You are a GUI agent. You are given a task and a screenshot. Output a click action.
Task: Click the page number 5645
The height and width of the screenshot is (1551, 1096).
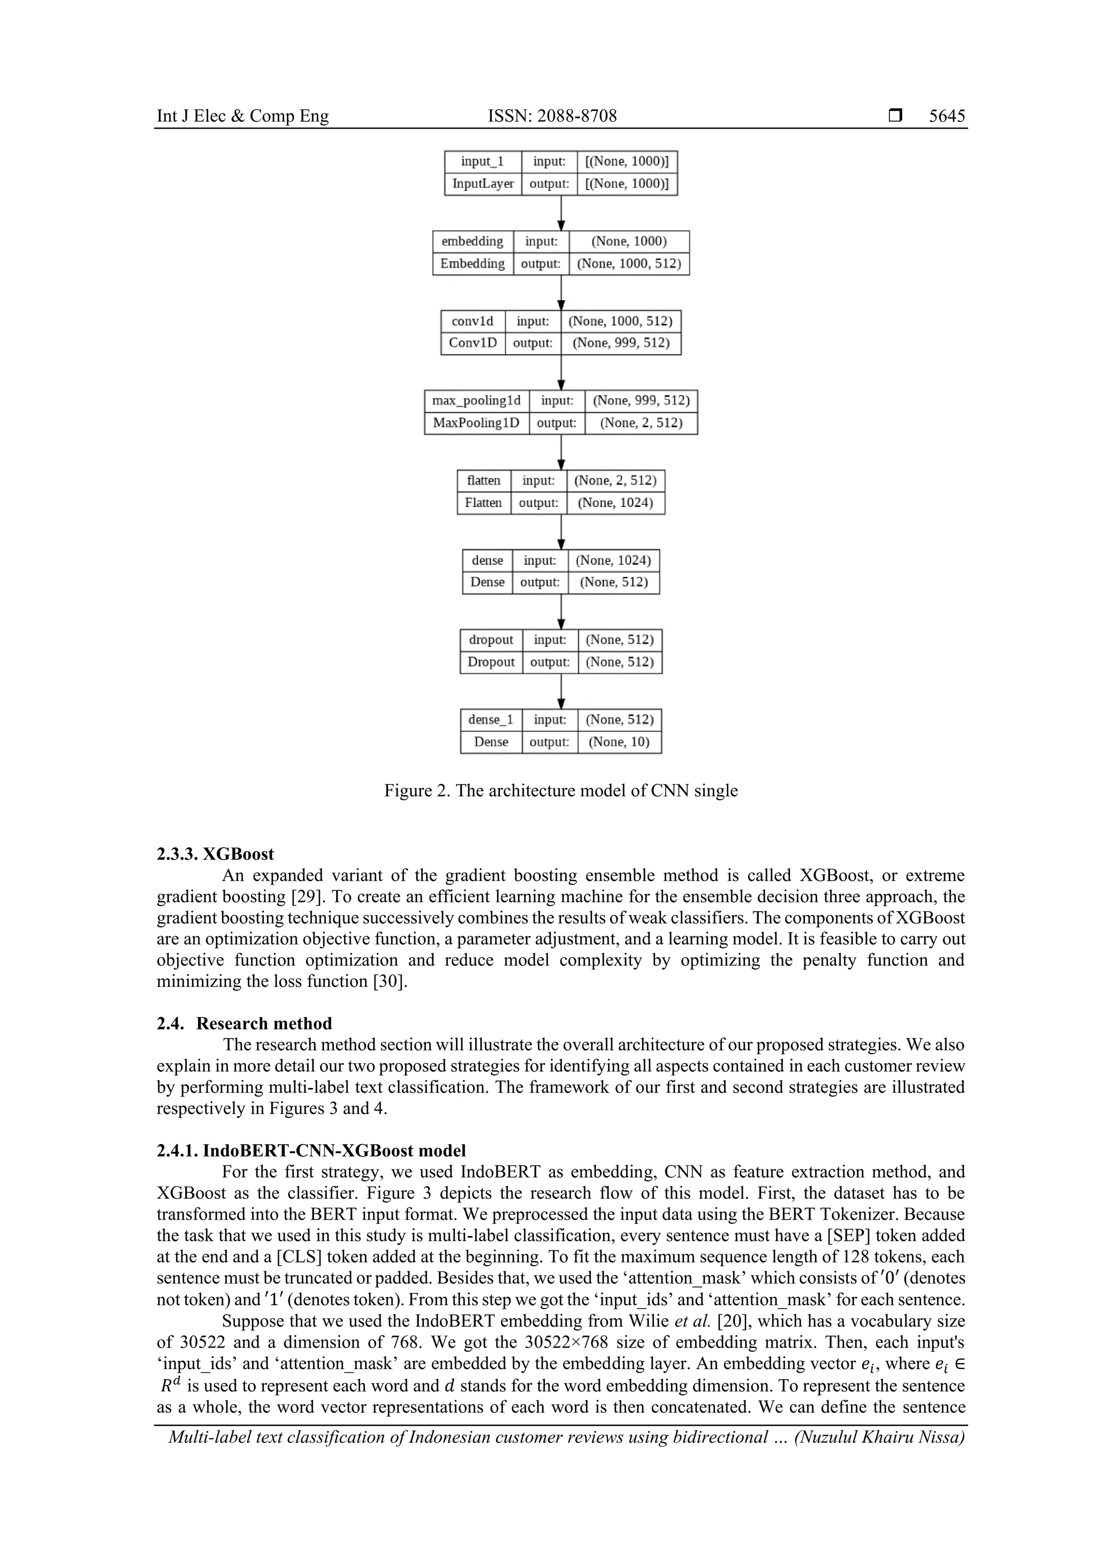tap(947, 116)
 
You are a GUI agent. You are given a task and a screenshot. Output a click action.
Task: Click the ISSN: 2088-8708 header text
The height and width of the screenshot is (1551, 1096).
tap(552, 116)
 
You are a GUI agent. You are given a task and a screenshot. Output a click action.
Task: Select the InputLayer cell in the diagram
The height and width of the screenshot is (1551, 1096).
tap(483, 184)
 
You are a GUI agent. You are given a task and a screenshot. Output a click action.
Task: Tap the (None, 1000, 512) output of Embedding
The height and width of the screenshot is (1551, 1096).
tap(629, 263)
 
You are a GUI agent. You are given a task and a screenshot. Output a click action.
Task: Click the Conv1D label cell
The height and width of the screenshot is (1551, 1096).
tap(473, 343)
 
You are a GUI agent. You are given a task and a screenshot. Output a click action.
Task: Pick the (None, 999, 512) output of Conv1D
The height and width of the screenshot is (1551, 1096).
tap(621, 343)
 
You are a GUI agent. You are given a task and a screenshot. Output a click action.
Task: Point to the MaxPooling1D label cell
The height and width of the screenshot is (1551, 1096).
tap(476, 423)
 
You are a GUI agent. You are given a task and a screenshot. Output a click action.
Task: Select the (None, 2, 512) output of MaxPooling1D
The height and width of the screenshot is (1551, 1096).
tap(641, 423)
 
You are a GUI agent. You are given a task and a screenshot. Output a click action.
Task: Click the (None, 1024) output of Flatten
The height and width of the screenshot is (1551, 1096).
tap(615, 503)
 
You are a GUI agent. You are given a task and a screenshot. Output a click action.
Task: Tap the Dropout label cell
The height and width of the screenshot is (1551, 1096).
tap(491, 662)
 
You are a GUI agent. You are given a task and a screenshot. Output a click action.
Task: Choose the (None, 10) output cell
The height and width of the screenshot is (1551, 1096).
tap(619, 742)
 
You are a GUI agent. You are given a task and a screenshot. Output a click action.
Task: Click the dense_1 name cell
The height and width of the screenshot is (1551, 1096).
tap(491, 720)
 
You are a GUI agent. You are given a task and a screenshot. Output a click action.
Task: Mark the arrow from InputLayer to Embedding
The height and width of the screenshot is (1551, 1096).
tap(561, 214)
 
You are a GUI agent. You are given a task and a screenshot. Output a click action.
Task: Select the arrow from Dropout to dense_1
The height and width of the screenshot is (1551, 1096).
tap(561, 692)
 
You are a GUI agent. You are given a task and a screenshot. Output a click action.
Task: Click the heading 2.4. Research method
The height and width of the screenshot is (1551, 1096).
tap(244, 1024)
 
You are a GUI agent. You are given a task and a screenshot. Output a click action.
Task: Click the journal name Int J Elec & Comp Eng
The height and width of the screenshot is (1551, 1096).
tap(242, 116)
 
